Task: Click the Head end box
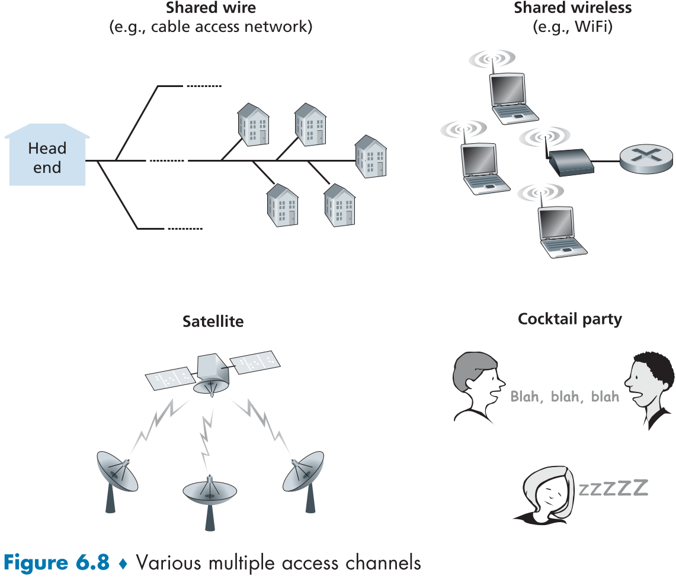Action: pos(47,157)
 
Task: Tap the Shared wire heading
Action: pos(212,8)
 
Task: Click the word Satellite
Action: pos(213,321)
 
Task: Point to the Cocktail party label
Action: pos(570,320)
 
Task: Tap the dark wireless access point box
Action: pos(571,161)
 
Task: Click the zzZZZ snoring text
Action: pos(613,488)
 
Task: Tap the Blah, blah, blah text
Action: pos(565,397)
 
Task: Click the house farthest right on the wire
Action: pos(371,155)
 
